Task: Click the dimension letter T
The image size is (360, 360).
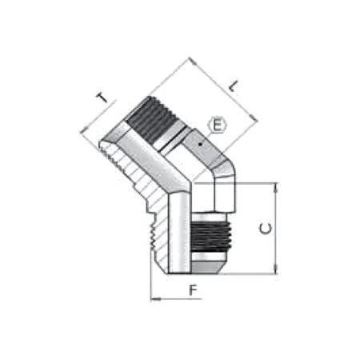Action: tap(101, 98)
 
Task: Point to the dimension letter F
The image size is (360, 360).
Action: tap(192, 290)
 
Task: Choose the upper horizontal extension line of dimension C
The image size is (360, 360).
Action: tap(248, 183)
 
